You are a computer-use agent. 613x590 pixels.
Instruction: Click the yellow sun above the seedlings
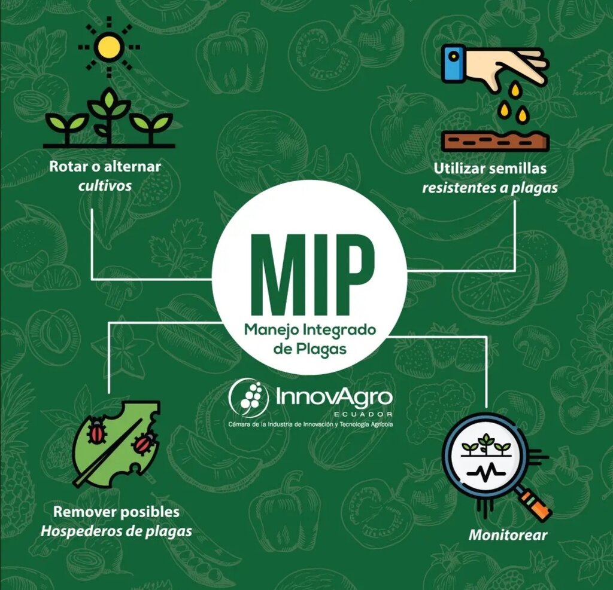click(109, 47)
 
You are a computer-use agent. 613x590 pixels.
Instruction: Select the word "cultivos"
click(105, 185)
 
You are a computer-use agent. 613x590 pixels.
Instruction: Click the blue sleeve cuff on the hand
click(453, 63)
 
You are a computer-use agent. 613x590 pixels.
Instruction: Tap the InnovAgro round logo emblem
click(249, 398)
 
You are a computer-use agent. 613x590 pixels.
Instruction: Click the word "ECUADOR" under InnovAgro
click(363, 414)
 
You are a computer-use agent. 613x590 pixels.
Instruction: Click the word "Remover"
click(83, 512)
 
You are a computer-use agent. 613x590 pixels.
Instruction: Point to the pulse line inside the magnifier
click(486, 472)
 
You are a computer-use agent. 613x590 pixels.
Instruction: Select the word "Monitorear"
click(508, 535)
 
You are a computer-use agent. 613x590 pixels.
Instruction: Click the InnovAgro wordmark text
click(334, 398)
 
